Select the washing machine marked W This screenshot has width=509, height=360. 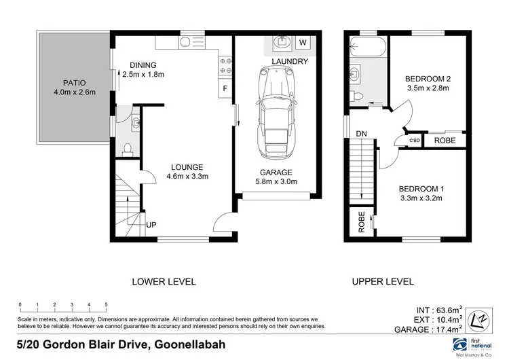pyautogui.click(x=303, y=43)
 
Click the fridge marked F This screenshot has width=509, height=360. pyautogui.click(x=224, y=89)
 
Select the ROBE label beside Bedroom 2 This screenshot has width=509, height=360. pyautogui.click(x=445, y=141)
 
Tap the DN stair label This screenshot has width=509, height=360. pyautogui.click(x=361, y=134)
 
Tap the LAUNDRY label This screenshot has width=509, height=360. pyautogui.click(x=290, y=62)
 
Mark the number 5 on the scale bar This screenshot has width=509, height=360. pyautogui.click(x=107, y=304)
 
